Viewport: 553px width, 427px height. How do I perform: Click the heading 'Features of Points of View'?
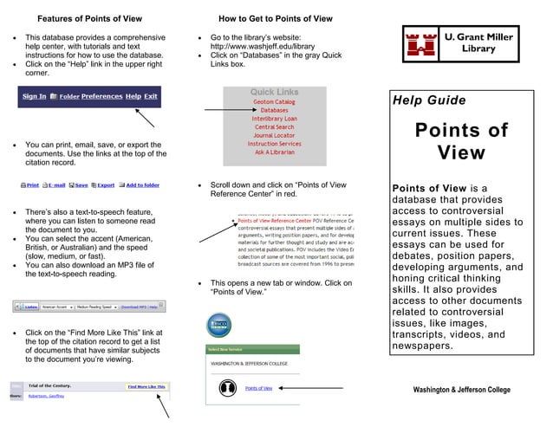90,18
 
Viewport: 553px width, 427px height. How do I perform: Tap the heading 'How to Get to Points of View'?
275,18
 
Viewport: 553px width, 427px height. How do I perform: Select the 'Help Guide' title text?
429,101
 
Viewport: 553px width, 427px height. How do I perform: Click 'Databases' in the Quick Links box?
274,111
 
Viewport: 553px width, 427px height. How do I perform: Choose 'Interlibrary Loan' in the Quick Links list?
274,119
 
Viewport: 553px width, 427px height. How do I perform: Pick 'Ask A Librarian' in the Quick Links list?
274,152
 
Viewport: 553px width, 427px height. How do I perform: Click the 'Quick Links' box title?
274,92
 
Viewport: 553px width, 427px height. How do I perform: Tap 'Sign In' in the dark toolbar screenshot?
34,96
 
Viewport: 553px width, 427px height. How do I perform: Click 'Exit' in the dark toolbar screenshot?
151,96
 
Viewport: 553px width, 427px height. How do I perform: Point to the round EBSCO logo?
218,326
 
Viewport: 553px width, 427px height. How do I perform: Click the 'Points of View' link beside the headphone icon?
258,389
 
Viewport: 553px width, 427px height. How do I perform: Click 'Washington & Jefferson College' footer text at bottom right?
462,391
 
